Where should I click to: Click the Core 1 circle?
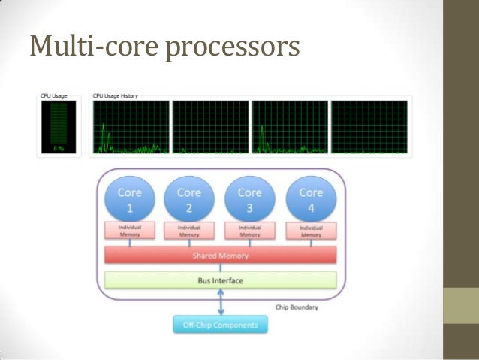click(129, 198)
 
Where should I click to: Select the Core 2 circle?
click(189, 198)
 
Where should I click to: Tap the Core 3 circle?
click(250, 198)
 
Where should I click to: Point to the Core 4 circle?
click(311, 198)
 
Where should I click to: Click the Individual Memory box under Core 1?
click(129, 231)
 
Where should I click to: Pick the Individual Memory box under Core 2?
click(189, 231)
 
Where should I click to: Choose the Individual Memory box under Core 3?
click(250, 231)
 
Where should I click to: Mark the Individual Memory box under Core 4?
click(311, 231)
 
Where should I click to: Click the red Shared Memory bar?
click(219, 256)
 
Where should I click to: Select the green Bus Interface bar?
click(219, 280)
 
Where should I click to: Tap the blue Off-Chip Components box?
click(219, 325)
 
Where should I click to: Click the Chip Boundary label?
click(298, 307)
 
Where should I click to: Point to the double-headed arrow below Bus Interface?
click(219, 303)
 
